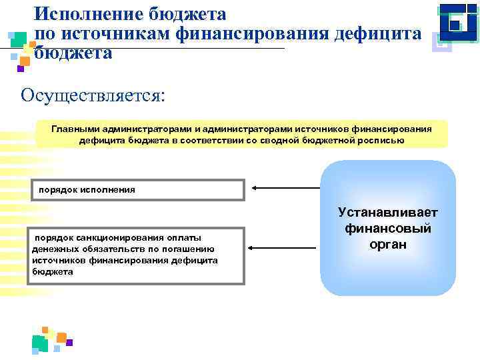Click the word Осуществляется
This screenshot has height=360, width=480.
[92, 95]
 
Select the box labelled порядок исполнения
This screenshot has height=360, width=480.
[136, 190]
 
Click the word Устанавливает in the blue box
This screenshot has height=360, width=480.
[388, 213]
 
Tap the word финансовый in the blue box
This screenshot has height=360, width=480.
[388, 229]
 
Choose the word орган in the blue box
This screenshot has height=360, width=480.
[388, 245]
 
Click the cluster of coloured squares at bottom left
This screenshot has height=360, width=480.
[50, 340]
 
